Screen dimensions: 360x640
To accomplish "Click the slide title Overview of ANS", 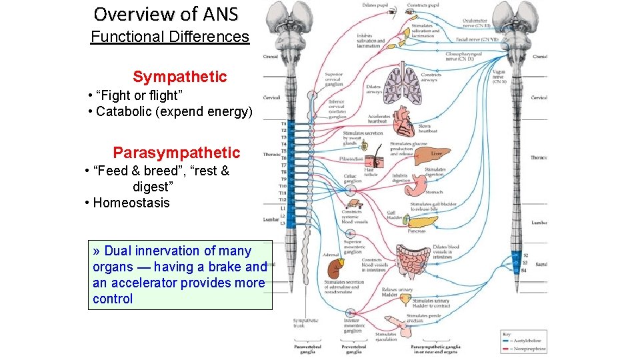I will click(x=165, y=14).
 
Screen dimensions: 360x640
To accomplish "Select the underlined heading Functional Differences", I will click(x=169, y=37).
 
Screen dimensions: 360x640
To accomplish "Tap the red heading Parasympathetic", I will click(x=176, y=153).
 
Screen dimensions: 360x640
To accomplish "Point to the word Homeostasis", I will click(x=131, y=203).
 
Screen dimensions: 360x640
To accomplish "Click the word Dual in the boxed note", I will click(x=119, y=251).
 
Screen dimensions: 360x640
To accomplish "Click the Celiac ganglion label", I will click(x=352, y=179).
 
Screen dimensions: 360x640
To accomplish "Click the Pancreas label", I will click(x=417, y=231).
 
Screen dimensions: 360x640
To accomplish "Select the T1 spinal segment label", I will click(x=283, y=123).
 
